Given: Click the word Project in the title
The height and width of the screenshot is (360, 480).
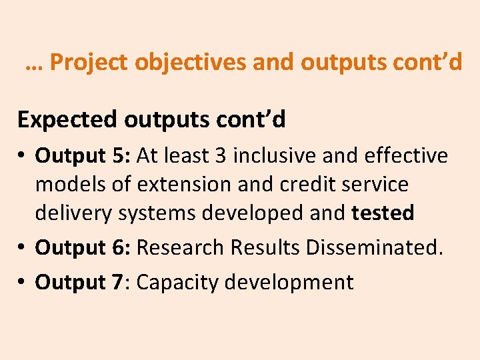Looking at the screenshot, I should click(89, 63).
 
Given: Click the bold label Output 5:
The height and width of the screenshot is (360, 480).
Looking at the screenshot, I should click(84, 155).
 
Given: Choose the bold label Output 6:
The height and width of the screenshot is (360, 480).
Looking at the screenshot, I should click(84, 247).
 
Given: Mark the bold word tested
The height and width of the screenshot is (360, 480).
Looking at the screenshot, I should click(383, 213).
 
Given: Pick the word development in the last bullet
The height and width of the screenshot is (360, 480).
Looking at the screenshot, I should click(289, 282).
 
